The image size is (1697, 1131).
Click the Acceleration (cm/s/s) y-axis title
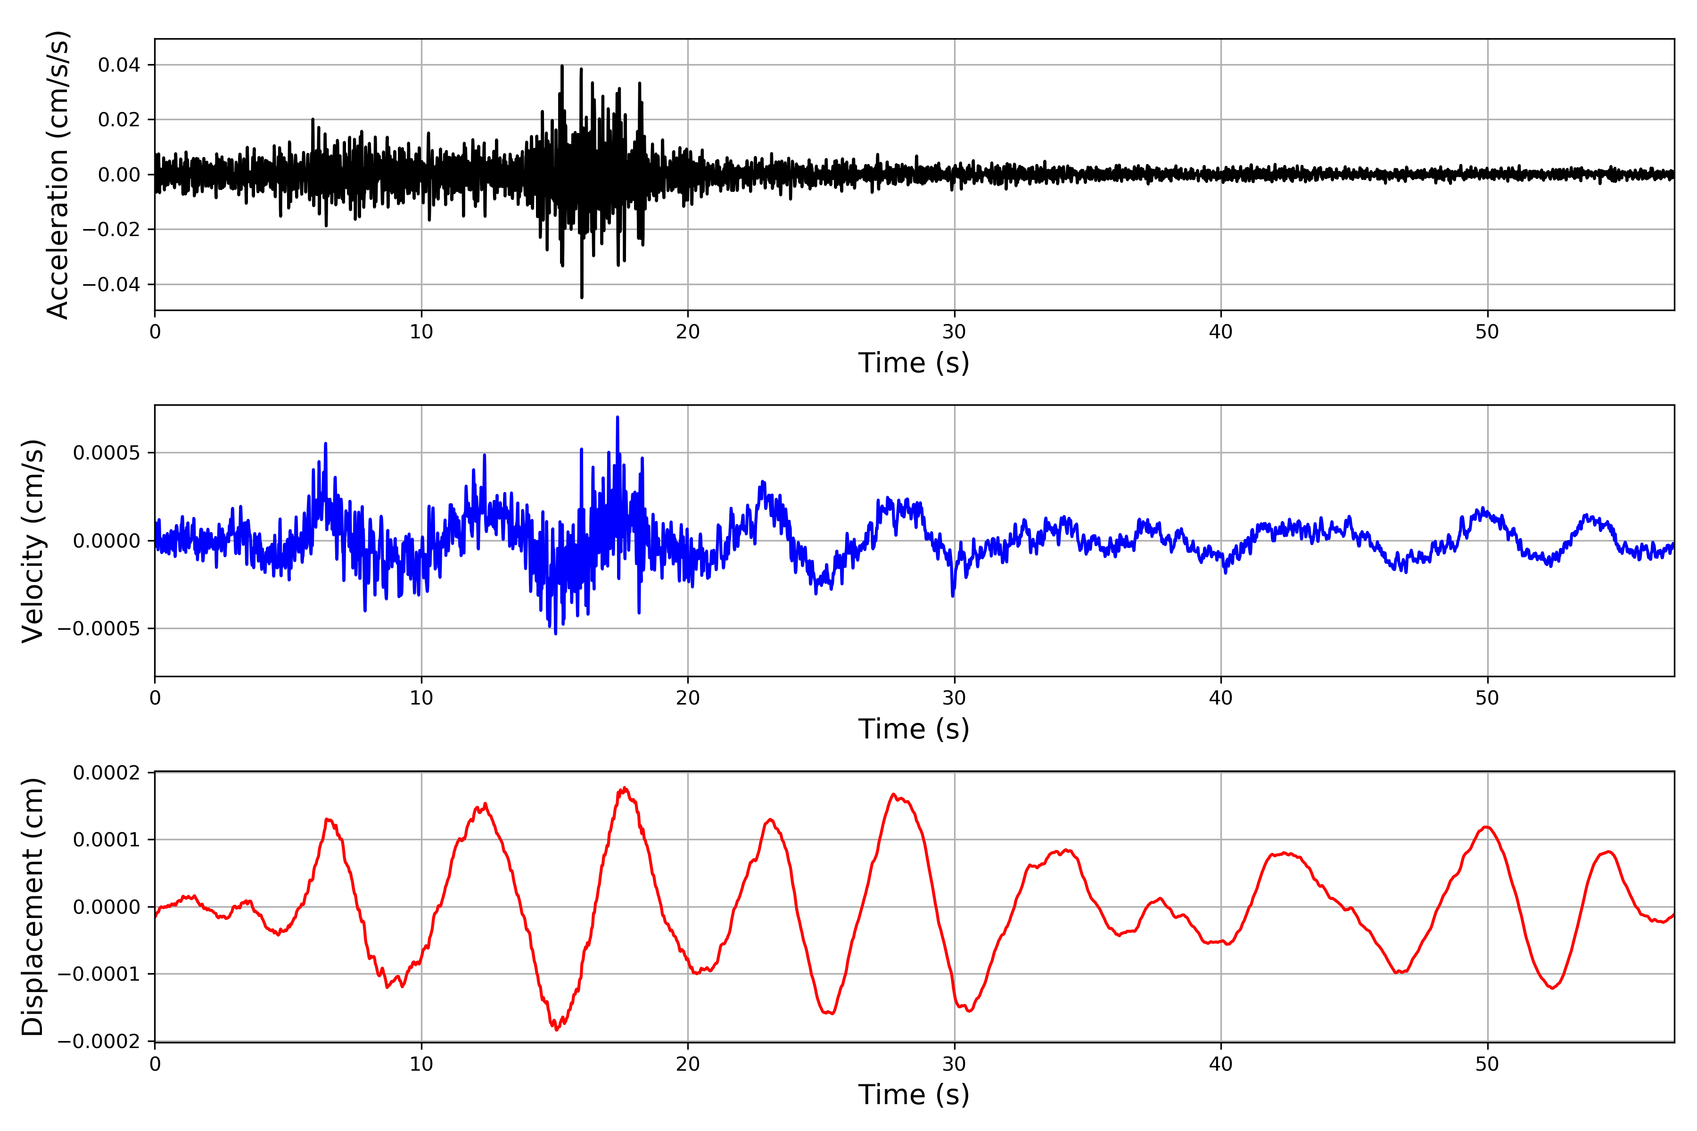coord(58,174)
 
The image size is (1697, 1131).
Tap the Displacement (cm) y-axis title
coord(33,907)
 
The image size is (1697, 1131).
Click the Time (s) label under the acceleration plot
coord(914,363)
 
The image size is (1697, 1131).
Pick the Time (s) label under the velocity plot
coord(914,729)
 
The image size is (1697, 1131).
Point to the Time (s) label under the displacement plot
coord(914,1095)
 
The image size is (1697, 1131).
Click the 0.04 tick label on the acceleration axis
coord(119,65)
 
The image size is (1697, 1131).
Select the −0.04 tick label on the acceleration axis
coord(111,284)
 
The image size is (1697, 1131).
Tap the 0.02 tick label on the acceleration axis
coord(119,120)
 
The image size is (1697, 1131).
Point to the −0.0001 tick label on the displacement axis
coord(99,975)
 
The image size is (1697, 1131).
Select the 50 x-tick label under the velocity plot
coord(1487,698)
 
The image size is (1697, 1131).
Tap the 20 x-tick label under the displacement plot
coord(688,1065)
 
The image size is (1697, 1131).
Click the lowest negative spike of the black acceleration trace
coord(582,296)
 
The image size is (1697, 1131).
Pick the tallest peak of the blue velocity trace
coord(618,418)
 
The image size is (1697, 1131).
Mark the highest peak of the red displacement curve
coord(625,788)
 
